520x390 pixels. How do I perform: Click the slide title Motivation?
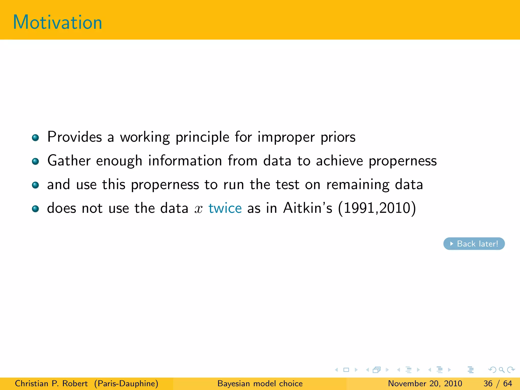pyautogui.click(x=57, y=22)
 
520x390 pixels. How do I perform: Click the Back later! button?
pyautogui.click(x=474, y=244)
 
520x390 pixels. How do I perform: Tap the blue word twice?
pyautogui.click(x=225, y=208)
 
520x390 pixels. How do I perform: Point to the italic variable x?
pyautogui.click(x=199, y=209)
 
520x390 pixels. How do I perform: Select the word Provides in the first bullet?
pyautogui.click(x=74, y=137)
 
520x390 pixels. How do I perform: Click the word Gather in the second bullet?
pyautogui.click(x=69, y=161)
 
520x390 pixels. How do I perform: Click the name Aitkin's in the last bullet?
pyautogui.click(x=307, y=208)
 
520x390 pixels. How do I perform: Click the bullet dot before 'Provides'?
pyautogui.click(x=35, y=138)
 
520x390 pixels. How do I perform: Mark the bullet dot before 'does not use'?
pyautogui.click(x=35, y=209)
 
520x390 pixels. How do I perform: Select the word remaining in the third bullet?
pyautogui.click(x=358, y=185)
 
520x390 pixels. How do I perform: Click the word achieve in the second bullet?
pyautogui.click(x=339, y=161)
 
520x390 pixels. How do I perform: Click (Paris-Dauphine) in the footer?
pyautogui.click(x=126, y=383)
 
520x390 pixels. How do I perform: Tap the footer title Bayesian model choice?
pyautogui.click(x=260, y=383)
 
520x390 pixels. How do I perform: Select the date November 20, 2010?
pyautogui.click(x=425, y=383)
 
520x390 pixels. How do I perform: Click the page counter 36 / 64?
pyautogui.click(x=498, y=383)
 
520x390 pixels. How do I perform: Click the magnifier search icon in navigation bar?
pyautogui.click(x=501, y=370)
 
